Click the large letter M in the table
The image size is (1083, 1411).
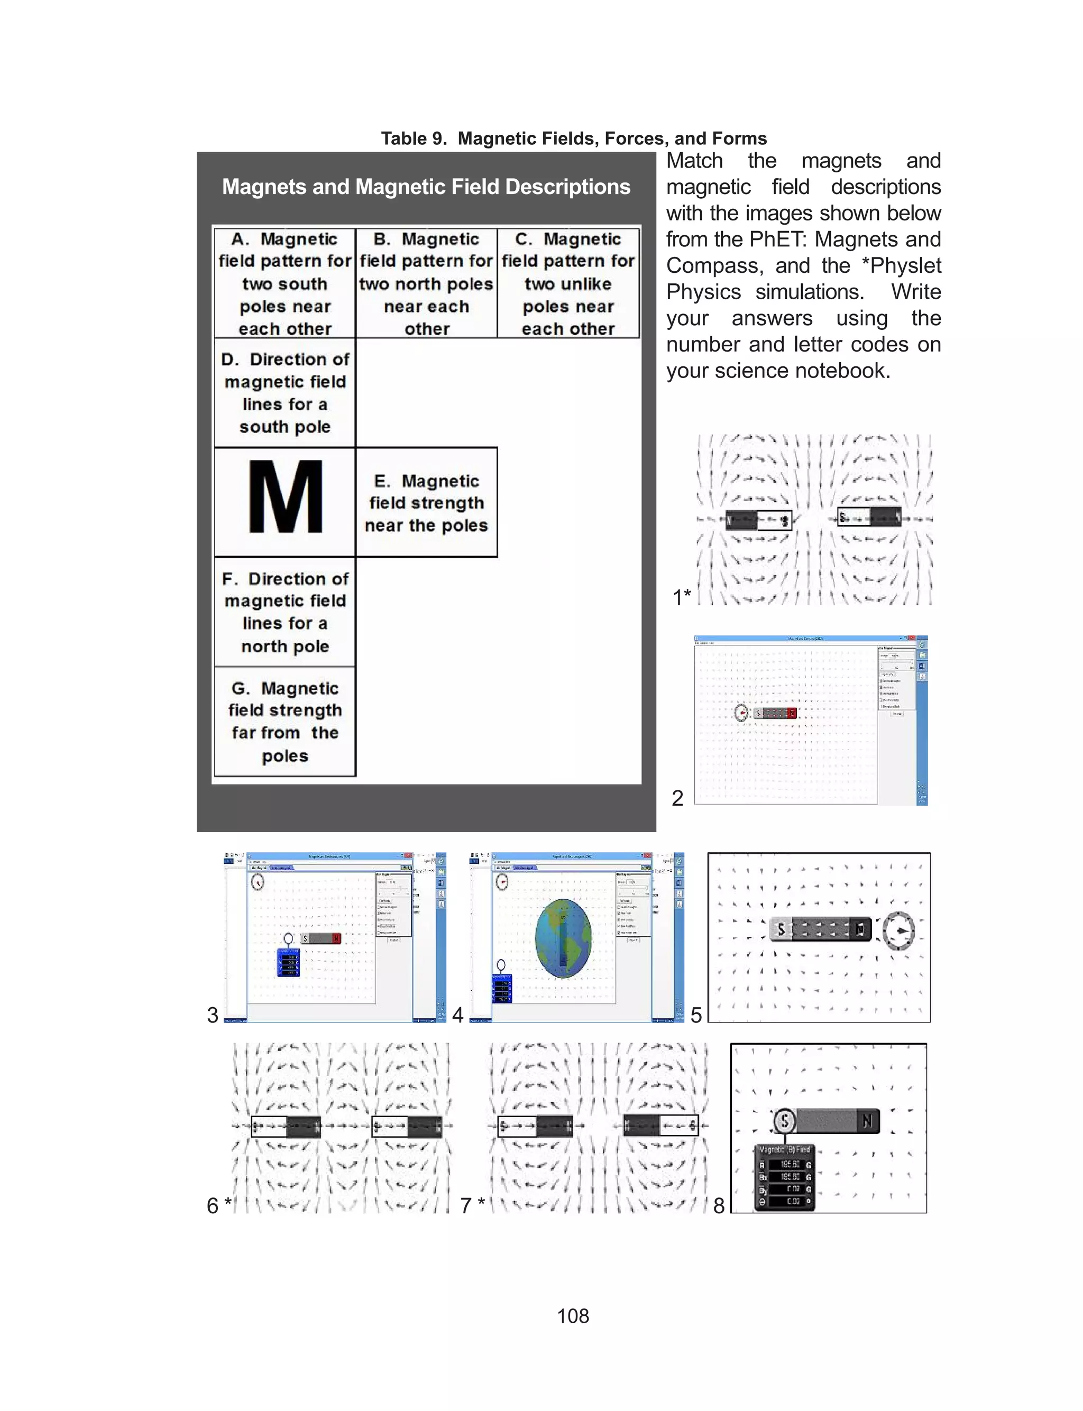coord(285,497)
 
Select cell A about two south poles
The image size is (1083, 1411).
coord(284,283)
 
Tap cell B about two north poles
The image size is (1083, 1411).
coord(426,283)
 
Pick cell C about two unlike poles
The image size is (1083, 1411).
coord(568,283)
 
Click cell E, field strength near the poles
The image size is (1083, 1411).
coord(426,503)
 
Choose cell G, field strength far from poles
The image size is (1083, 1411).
coord(284,722)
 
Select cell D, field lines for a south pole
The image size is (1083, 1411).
coord(284,392)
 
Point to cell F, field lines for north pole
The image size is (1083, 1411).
coord(284,612)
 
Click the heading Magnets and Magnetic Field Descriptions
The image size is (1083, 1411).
coord(426,187)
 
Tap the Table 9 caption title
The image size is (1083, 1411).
coord(574,139)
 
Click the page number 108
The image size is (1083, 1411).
coord(573,1315)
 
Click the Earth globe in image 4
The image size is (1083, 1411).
coord(563,938)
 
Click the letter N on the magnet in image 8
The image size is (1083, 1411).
coord(867,1121)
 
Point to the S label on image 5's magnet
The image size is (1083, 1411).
coord(781,929)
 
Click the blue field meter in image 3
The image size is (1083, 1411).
coord(288,962)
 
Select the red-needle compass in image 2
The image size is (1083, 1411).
coord(742,713)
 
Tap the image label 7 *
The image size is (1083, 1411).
coord(472,1205)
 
